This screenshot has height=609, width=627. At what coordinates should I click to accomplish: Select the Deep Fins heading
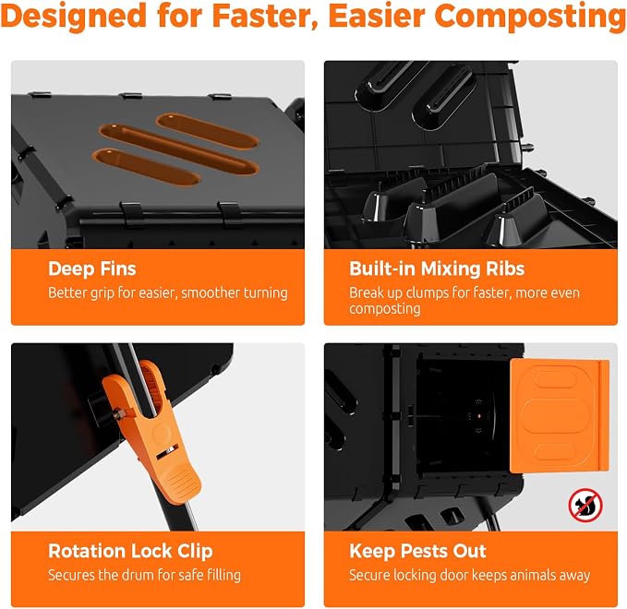click(x=92, y=269)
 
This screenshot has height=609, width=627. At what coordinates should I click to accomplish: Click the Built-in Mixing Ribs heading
click(x=437, y=269)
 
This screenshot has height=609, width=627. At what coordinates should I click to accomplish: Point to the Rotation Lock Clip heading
click(x=130, y=551)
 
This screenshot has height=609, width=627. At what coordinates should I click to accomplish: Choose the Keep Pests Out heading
click(x=417, y=551)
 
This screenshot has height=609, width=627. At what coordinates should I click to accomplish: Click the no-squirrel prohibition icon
click(x=585, y=505)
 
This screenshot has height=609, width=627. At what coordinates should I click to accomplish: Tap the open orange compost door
click(x=560, y=415)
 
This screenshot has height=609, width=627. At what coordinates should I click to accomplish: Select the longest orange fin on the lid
click(x=178, y=149)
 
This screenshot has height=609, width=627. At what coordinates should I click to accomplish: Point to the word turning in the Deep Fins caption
click(x=266, y=293)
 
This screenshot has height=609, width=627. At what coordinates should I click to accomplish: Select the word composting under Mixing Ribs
click(x=385, y=309)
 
